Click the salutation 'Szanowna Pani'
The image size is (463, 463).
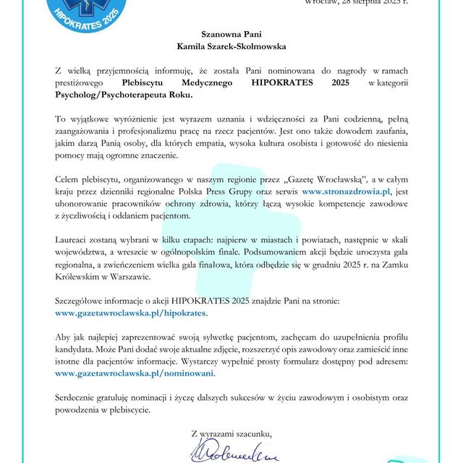tap(231, 33)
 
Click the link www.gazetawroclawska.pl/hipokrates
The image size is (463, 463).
tap(131, 313)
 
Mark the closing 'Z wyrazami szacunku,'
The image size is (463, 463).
tap(231, 433)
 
